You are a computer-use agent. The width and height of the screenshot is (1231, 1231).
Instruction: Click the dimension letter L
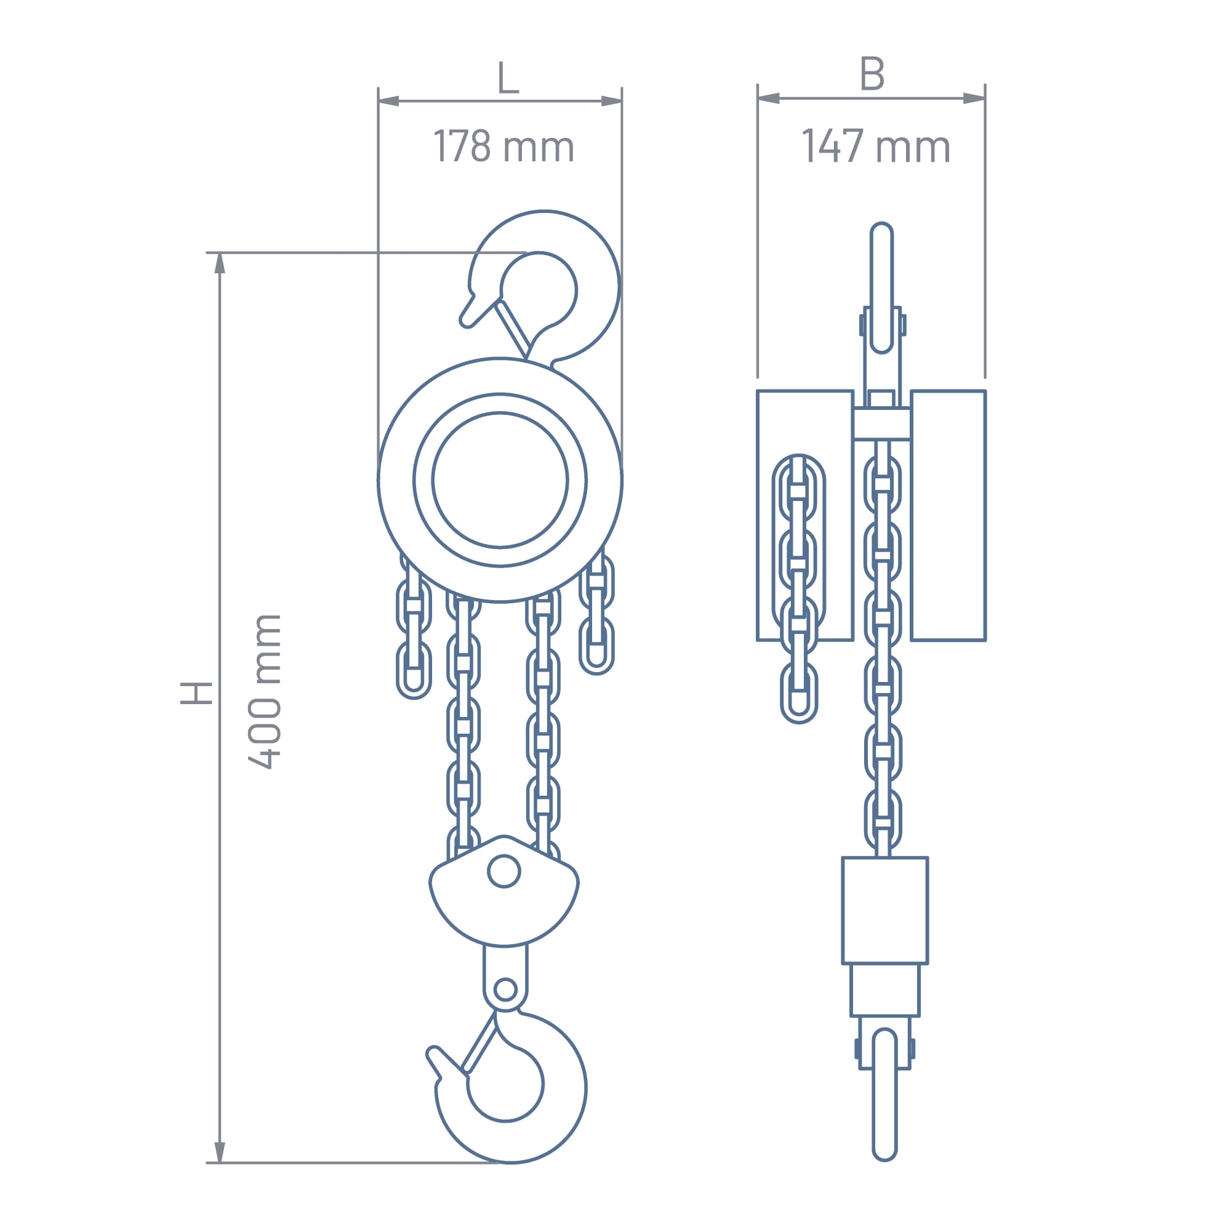click(508, 78)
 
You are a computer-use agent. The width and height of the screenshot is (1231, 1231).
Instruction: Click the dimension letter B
click(872, 74)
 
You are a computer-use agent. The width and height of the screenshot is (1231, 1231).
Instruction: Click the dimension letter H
click(196, 692)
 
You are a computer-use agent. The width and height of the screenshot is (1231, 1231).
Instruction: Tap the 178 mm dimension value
click(503, 146)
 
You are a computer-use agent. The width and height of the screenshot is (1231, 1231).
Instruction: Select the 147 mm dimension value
click(876, 146)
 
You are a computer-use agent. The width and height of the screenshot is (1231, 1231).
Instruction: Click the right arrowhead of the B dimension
click(974, 98)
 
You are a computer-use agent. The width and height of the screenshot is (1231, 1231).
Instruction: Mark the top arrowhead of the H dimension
click(220, 263)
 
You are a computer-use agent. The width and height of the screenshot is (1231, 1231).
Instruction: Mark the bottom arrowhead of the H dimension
click(220, 1152)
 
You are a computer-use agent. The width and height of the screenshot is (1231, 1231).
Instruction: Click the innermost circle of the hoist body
click(500, 480)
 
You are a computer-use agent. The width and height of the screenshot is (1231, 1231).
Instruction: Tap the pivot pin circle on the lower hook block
click(504, 872)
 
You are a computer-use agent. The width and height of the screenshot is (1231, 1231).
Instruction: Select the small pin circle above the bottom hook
click(505, 990)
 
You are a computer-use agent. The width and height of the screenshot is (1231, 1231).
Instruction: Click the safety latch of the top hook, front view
click(513, 329)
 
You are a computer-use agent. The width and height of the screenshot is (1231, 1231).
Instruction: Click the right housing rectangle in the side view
click(948, 515)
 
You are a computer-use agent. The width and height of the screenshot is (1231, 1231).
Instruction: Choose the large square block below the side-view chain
click(884, 910)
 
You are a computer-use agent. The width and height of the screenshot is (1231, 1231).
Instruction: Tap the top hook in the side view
click(882, 287)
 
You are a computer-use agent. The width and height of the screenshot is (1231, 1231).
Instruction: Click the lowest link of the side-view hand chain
click(799, 693)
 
